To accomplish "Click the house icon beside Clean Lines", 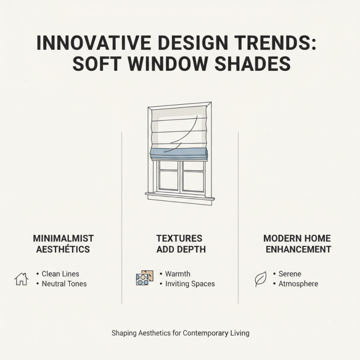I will (21, 279).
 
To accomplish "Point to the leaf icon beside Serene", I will (261, 279).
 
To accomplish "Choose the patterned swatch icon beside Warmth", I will (144, 278).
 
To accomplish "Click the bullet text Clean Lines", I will (60, 274).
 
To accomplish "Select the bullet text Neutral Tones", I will (64, 284).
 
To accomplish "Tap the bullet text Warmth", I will (177, 274).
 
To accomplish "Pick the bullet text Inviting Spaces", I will (190, 284).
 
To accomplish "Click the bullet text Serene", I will (290, 274).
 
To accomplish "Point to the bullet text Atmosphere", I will (298, 284).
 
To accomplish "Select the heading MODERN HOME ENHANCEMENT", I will (297, 243).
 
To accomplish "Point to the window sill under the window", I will (180, 196).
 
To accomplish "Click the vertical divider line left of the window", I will (122, 216).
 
